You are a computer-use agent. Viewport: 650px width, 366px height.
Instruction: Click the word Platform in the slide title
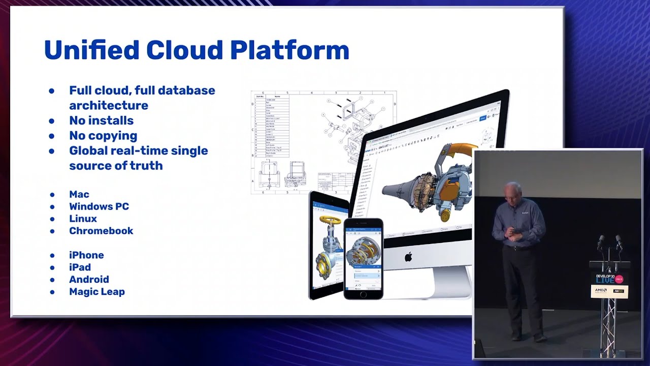point(289,50)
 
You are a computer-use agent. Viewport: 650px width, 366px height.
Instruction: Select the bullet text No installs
point(101,120)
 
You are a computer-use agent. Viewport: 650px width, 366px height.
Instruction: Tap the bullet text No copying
point(103,136)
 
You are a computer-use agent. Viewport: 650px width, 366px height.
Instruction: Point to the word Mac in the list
point(79,194)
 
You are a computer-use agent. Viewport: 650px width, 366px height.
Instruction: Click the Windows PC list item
point(99,206)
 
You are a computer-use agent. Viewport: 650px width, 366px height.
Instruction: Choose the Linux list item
point(83,219)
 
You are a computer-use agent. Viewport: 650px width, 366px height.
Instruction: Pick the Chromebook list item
point(101,231)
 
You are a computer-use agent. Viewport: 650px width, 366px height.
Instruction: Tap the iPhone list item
point(86,255)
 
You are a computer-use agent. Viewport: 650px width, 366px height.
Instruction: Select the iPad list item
point(80,267)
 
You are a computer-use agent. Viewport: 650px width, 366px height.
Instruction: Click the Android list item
point(89,280)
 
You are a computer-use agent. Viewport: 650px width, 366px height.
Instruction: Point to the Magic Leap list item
point(97,292)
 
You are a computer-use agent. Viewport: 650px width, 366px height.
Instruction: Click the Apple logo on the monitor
point(408,257)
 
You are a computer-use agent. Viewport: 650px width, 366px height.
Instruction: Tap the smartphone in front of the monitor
point(363,259)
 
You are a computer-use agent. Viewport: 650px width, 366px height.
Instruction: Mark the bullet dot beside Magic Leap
point(52,292)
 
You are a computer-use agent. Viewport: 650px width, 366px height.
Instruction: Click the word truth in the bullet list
point(147,166)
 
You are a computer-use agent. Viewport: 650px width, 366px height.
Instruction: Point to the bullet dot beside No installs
point(52,121)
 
